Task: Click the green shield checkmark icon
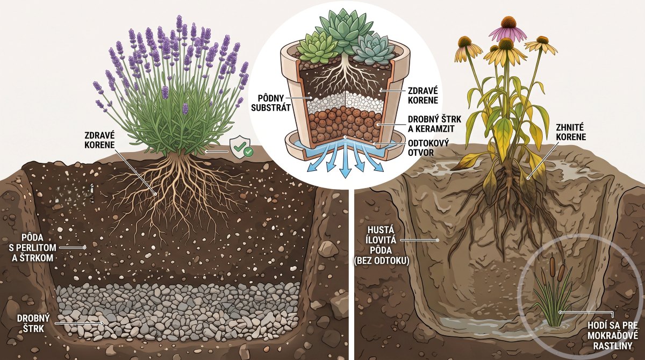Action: point(241,147)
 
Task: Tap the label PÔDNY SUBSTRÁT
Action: point(271,103)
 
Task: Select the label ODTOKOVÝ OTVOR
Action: point(428,147)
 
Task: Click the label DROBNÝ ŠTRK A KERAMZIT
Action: point(434,124)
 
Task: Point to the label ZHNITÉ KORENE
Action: point(571,132)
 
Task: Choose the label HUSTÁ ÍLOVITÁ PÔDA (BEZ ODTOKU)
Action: point(382,245)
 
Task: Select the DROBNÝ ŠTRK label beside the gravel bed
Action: point(33,323)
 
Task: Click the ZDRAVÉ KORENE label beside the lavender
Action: point(99,140)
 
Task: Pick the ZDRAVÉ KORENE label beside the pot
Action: point(423,95)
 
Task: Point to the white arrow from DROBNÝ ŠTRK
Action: point(79,323)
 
